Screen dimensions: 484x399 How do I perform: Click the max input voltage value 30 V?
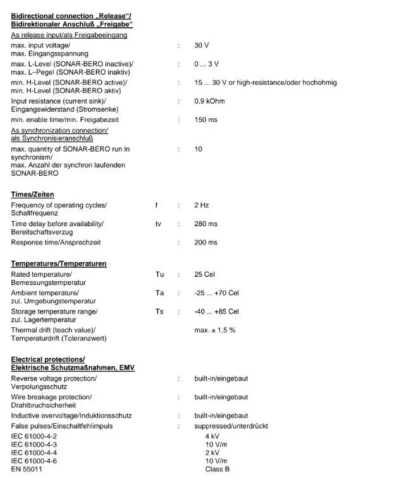pos(201,45)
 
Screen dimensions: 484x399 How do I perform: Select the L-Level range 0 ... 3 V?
pos(206,64)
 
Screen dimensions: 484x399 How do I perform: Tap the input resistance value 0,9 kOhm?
pos(209,101)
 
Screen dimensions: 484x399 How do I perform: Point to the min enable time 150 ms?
pos(206,119)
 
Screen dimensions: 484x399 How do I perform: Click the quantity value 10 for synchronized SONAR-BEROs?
pos(199,149)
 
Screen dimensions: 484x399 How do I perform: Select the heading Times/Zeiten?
pos(32,194)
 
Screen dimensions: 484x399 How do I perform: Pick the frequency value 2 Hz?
pos(202,205)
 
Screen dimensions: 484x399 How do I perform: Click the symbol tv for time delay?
pos(158,224)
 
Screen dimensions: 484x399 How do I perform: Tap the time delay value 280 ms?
pos(206,224)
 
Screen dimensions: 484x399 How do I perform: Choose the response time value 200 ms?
pos(206,242)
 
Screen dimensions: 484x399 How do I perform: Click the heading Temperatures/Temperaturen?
pos(59,263)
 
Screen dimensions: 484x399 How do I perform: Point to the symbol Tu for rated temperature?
pos(159,275)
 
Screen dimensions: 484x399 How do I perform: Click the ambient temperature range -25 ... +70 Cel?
pos(216,293)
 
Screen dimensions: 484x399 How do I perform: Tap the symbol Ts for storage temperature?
pos(159,312)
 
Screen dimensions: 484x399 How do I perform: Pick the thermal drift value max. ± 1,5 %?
pos(215,330)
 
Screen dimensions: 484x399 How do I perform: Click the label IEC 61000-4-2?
pos(34,437)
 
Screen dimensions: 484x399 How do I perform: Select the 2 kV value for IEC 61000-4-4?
pos(212,453)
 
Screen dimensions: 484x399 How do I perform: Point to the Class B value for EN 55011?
pos(217,469)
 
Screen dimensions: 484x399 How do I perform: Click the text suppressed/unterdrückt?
pos(231,426)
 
